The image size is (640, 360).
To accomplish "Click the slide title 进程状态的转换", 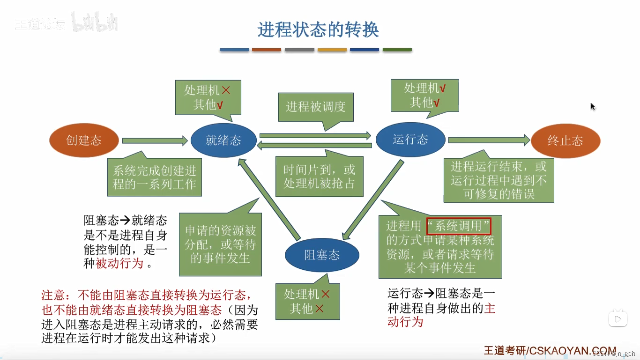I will pos(318,30).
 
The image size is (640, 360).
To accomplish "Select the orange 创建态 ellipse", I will pos(84,140).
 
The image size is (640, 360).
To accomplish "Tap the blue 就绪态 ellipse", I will pos(223,140).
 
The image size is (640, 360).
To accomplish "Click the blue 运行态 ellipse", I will pos(410,139).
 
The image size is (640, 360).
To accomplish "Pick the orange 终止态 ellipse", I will pos(565,141).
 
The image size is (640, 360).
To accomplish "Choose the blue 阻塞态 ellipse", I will pos(322,255).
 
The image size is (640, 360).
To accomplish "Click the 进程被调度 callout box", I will pos(316,107).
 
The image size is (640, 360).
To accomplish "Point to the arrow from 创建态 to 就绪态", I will pos(155,141).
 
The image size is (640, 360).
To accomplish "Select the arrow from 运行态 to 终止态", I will pos(489,140).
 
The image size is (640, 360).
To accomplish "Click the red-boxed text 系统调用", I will pos(459,226).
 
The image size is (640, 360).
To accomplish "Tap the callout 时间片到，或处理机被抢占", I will pos(319,177).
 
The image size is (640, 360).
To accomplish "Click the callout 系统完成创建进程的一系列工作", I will pos(154,177).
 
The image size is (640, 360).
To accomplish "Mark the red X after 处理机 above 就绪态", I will pos(226,90).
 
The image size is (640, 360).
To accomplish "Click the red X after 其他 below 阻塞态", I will pos(319,309).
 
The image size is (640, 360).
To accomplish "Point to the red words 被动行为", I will pos(119,264).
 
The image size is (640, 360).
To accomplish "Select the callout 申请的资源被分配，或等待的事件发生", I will pos(220,244).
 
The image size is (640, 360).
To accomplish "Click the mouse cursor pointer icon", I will pos(593,107).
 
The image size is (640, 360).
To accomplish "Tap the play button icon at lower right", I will pos(618,319).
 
